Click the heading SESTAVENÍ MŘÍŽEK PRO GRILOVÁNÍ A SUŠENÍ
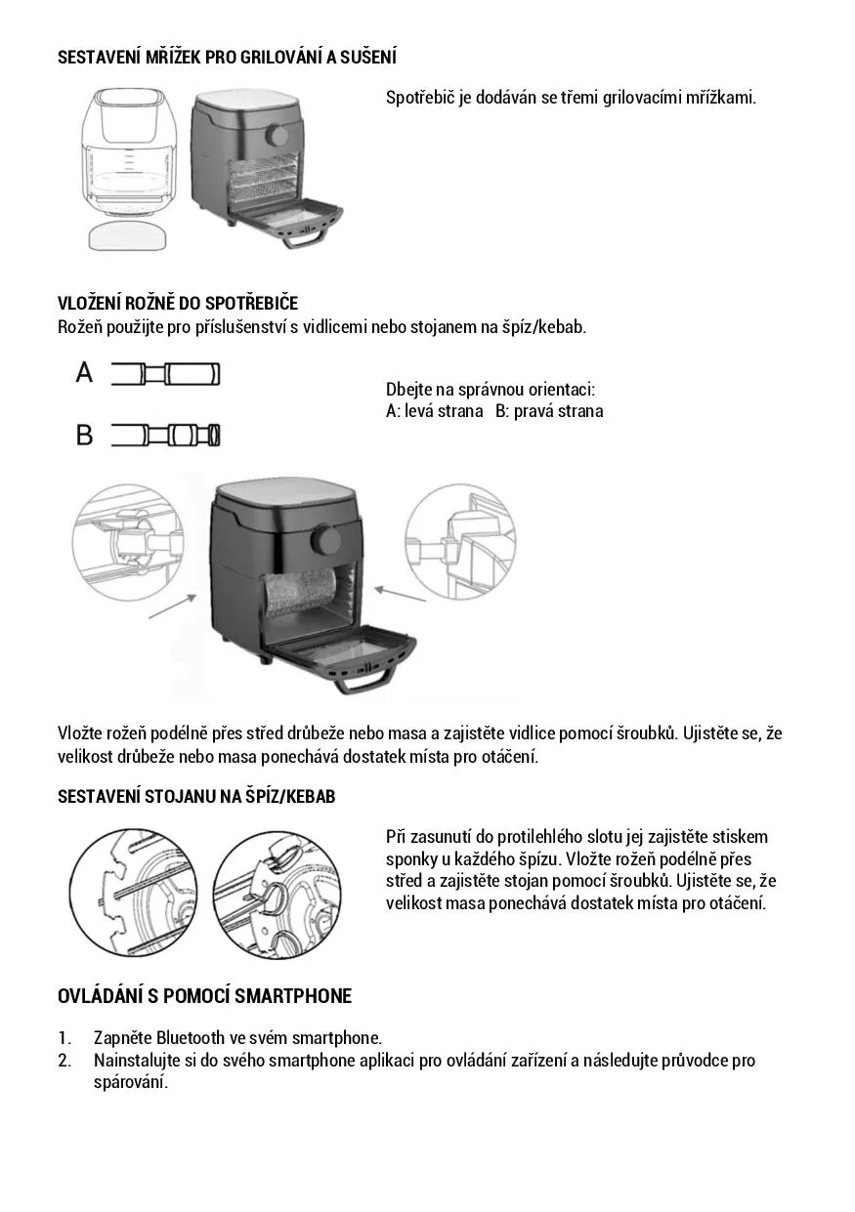(227, 58)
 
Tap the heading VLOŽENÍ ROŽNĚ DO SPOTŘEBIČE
(178, 304)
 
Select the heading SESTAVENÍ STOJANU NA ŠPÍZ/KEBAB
(196, 797)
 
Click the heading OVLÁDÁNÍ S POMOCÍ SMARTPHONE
(204, 996)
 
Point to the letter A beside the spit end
(85, 373)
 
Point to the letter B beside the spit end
(85, 435)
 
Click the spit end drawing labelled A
(165, 374)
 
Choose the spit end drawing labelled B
(165, 435)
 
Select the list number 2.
(64, 1061)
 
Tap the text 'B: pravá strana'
(549, 411)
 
